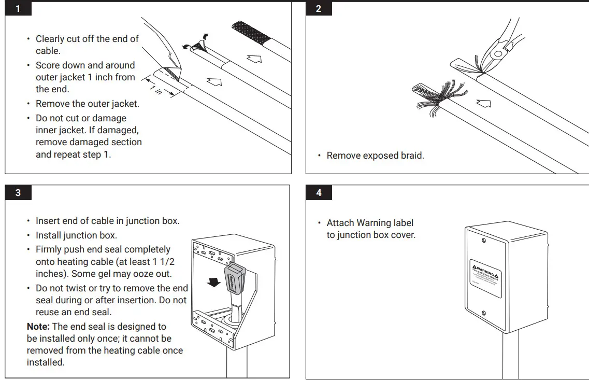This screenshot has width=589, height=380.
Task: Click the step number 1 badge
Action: (18, 9)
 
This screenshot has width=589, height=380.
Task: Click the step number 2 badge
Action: (319, 9)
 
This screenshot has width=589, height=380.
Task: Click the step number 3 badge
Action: (18, 193)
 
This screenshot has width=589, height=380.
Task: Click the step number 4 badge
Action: (319, 193)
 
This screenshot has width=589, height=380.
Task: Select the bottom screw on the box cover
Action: (483, 313)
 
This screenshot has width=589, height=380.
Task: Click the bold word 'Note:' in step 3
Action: (38, 327)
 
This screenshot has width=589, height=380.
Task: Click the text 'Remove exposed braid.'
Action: (375, 156)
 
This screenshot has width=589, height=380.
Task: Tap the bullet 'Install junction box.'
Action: (76, 235)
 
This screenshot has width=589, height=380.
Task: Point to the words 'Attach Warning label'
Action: (370, 223)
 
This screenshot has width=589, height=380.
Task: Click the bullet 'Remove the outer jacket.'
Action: (87, 104)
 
